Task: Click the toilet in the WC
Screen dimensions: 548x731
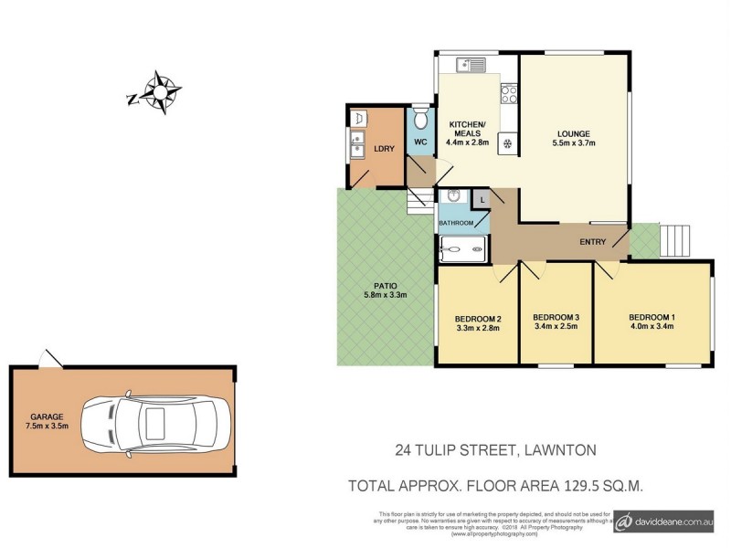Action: pos(420,120)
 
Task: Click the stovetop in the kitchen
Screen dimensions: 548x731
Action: pos(509,93)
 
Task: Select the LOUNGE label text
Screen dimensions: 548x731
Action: pos(574,132)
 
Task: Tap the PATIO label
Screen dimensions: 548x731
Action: pos(384,284)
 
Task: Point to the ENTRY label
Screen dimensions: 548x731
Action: pos(593,242)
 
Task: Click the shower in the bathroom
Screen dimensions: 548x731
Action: pos(463,248)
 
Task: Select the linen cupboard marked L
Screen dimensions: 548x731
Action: pos(482,199)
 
